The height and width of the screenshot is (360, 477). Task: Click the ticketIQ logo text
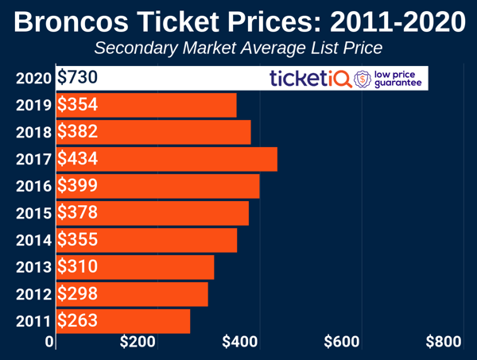310,79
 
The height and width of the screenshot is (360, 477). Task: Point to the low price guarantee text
400,79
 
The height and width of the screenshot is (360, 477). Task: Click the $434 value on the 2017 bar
77,159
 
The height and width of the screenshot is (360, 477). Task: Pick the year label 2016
33,187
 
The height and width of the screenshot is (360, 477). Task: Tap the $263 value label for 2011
77,320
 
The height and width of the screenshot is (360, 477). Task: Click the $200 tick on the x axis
138,343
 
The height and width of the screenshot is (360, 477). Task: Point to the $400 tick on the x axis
239,343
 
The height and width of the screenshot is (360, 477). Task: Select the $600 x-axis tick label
342,343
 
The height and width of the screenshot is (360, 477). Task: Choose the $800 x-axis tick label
444,343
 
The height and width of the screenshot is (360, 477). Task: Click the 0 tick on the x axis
50,343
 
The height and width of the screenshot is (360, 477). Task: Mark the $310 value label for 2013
77,267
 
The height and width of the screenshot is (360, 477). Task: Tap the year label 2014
33,240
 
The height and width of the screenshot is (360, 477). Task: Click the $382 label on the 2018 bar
77,132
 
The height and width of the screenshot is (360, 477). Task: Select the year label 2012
33,294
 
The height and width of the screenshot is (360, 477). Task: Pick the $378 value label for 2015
77,213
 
